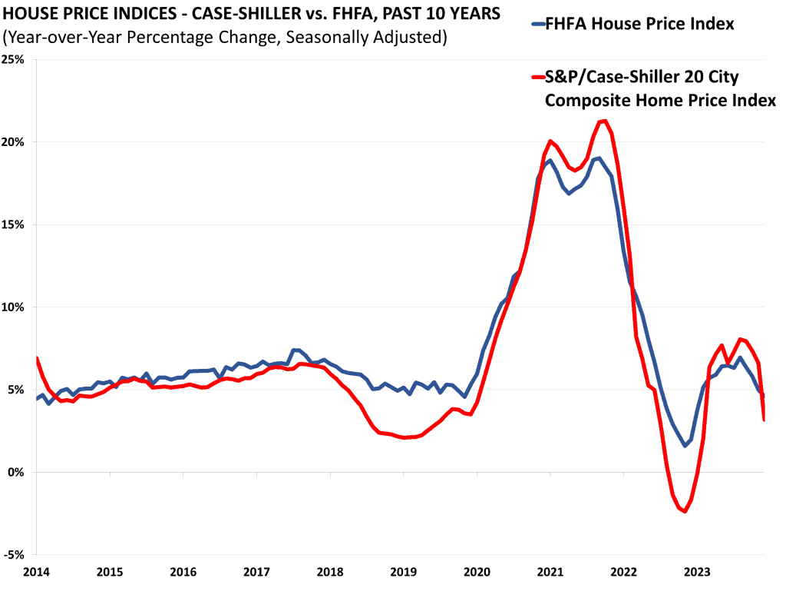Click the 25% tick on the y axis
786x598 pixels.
tap(15, 59)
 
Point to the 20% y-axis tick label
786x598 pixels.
tap(15, 142)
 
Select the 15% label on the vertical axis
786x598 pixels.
tap(15, 224)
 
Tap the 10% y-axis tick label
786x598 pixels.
tap(15, 307)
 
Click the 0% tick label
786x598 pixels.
tap(18, 472)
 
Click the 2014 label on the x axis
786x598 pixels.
tap(36, 573)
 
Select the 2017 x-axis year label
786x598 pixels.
tap(256, 573)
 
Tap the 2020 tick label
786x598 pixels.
tap(477, 573)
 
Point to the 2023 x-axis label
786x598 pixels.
tap(697, 573)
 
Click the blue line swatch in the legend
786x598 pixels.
tap(537, 25)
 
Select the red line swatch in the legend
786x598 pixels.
tap(537, 76)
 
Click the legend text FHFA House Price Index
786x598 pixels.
tap(639, 25)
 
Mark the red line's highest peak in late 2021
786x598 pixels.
tap(605, 121)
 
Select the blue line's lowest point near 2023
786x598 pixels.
tap(685, 446)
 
